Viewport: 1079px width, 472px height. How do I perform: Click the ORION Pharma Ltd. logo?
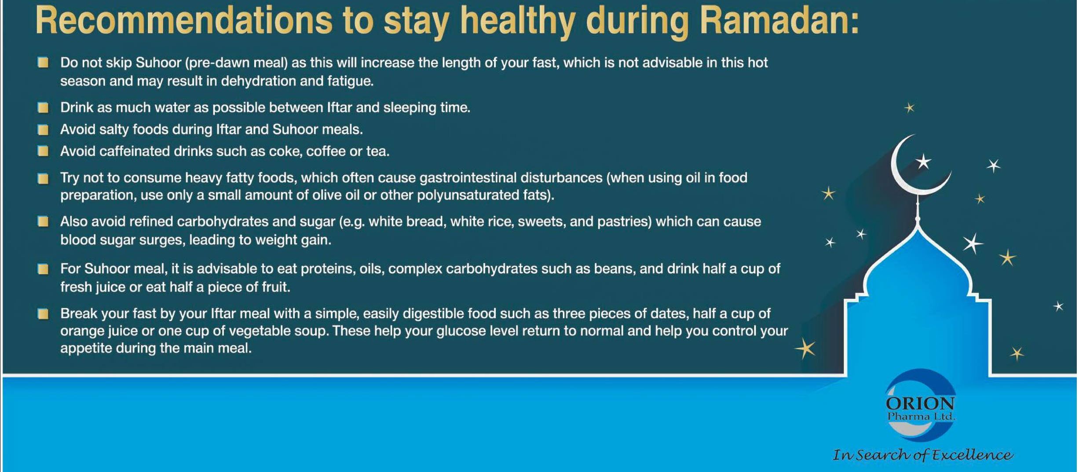(920, 406)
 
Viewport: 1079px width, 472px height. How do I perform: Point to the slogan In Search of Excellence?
(923, 454)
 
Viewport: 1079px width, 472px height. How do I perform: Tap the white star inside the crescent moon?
(923, 162)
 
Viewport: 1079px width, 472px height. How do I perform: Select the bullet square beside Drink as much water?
(43, 107)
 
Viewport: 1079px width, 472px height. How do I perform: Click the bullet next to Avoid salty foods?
(43, 129)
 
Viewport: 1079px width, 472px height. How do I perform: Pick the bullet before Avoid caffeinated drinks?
(43, 151)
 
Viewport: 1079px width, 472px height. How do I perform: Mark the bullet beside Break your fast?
(43, 313)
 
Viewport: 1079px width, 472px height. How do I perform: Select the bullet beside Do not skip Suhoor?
(43, 63)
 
